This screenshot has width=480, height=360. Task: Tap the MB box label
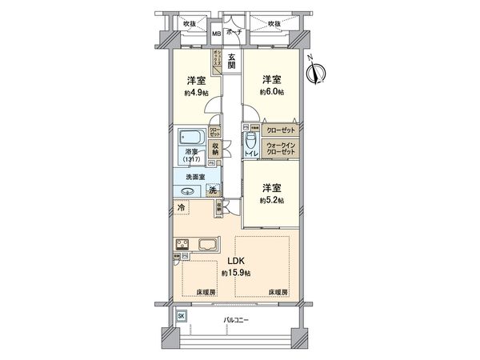tap(216, 34)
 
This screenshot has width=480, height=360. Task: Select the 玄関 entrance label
tap(231, 62)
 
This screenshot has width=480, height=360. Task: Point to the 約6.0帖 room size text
tap(271, 93)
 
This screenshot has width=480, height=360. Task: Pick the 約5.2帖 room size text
tap(271, 200)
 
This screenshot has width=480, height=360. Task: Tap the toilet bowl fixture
tap(250, 141)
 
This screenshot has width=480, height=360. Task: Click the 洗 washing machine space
tap(212, 190)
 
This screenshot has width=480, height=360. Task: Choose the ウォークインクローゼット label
tap(279, 149)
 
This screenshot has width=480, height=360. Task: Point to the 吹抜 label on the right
tap(274, 23)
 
